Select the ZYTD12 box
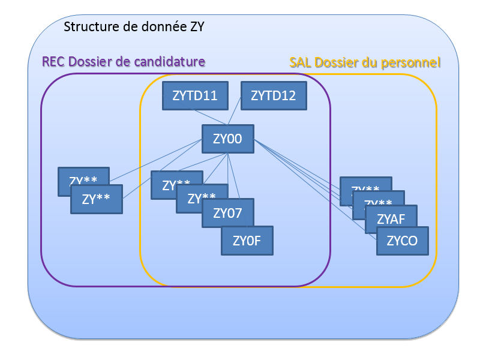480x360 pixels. click(273, 95)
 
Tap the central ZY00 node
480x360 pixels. click(227, 139)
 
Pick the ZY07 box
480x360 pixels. click(227, 213)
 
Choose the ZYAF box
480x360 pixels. click(391, 220)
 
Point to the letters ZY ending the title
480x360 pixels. click(197, 27)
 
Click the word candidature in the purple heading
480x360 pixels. click(171, 61)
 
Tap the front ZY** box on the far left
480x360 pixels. click(96, 199)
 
